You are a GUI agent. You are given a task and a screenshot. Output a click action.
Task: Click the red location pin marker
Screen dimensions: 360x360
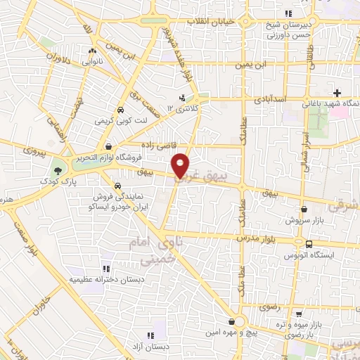[181, 165]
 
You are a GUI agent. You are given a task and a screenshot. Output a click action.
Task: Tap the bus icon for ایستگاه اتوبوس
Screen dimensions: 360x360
[309, 245]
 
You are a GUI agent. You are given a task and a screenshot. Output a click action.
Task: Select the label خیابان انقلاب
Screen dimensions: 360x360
[210, 22]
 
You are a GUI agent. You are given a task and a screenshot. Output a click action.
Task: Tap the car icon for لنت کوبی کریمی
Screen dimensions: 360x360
[120, 110]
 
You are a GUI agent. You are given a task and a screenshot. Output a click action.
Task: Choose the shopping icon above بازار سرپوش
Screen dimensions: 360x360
[304, 209]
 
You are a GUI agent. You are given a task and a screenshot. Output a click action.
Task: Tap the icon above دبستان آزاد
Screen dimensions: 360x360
[149, 335]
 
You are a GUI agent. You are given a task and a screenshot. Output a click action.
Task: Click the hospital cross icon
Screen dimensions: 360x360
[338, 93]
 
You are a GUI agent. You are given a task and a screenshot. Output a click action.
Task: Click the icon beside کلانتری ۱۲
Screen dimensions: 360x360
[182, 98]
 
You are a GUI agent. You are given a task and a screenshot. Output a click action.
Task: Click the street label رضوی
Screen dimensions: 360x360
[269, 307]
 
